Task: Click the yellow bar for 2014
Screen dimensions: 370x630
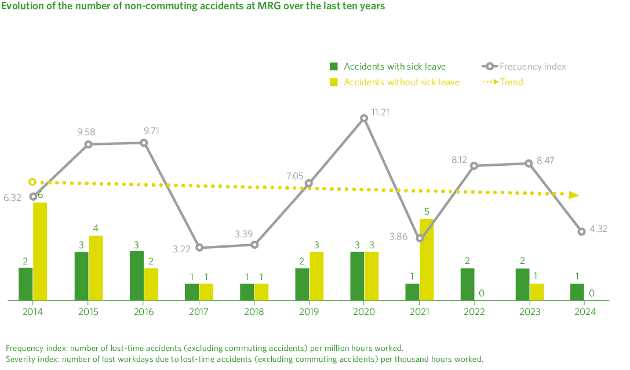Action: [x=40, y=251]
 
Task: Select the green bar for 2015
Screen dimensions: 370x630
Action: [x=81, y=275]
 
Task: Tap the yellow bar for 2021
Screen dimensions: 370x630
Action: [x=427, y=259]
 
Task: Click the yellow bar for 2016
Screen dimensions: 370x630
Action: [x=151, y=284]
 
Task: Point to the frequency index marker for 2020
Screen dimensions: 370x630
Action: [x=364, y=118]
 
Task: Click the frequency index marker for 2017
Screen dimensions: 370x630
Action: [x=199, y=248]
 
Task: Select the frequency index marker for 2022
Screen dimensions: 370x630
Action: [x=474, y=166]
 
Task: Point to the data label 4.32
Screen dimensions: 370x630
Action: [x=599, y=230]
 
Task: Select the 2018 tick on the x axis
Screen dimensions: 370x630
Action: [x=254, y=311]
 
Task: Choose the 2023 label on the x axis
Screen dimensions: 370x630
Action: [x=529, y=311]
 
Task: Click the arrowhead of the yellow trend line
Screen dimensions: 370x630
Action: [x=574, y=195]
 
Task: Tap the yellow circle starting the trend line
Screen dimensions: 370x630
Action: [x=32, y=182]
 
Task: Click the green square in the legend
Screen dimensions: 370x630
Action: [x=334, y=66]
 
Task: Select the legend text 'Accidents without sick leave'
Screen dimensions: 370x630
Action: [x=402, y=82]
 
